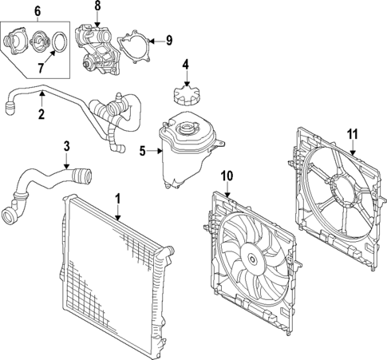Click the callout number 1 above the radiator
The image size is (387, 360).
pos(118,197)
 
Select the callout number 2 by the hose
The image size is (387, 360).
pos(40,114)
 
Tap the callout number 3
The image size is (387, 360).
pos(67,146)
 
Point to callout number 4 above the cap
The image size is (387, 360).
pos(185,65)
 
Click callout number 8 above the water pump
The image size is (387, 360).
pos(98,6)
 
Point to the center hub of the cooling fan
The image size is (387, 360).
pos(251,258)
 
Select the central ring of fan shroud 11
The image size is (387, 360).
pos(346,192)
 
